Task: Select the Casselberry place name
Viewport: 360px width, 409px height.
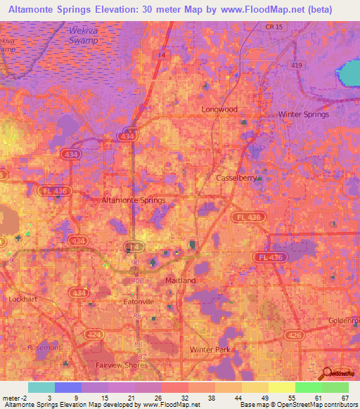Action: click(x=237, y=178)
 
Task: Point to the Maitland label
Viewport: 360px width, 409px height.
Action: click(x=176, y=280)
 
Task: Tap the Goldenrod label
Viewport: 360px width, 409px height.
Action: click(x=344, y=320)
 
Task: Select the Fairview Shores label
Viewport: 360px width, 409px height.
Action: click(x=122, y=365)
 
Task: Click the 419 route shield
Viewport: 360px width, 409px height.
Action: click(x=295, y=65)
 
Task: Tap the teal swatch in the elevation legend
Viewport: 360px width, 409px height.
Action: click(x=41, y=387)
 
